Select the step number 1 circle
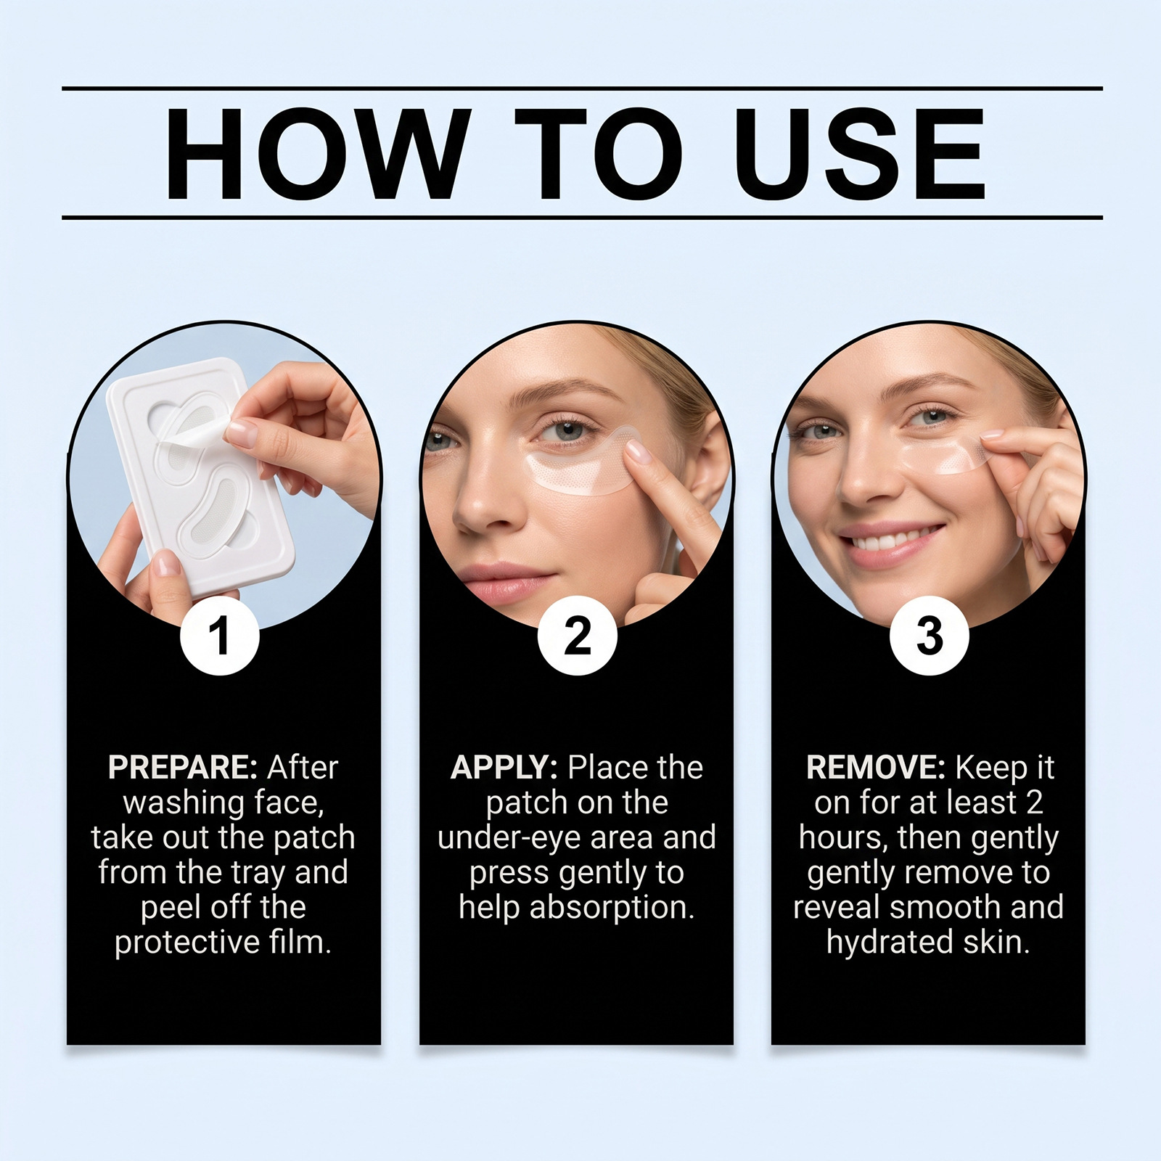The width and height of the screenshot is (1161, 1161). point(219,636)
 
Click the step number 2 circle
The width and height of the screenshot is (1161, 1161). point(577,636)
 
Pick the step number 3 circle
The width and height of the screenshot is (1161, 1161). point(929,636)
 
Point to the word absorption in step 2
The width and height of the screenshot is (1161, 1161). point(612,908)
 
